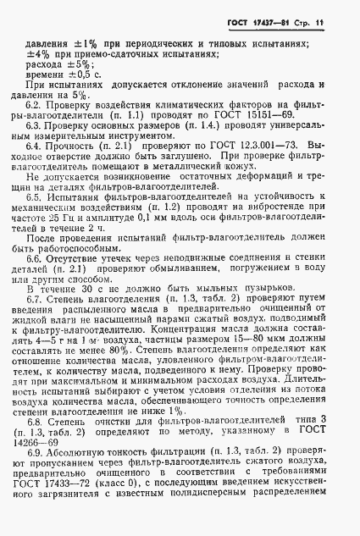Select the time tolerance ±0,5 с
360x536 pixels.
[89, 75]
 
